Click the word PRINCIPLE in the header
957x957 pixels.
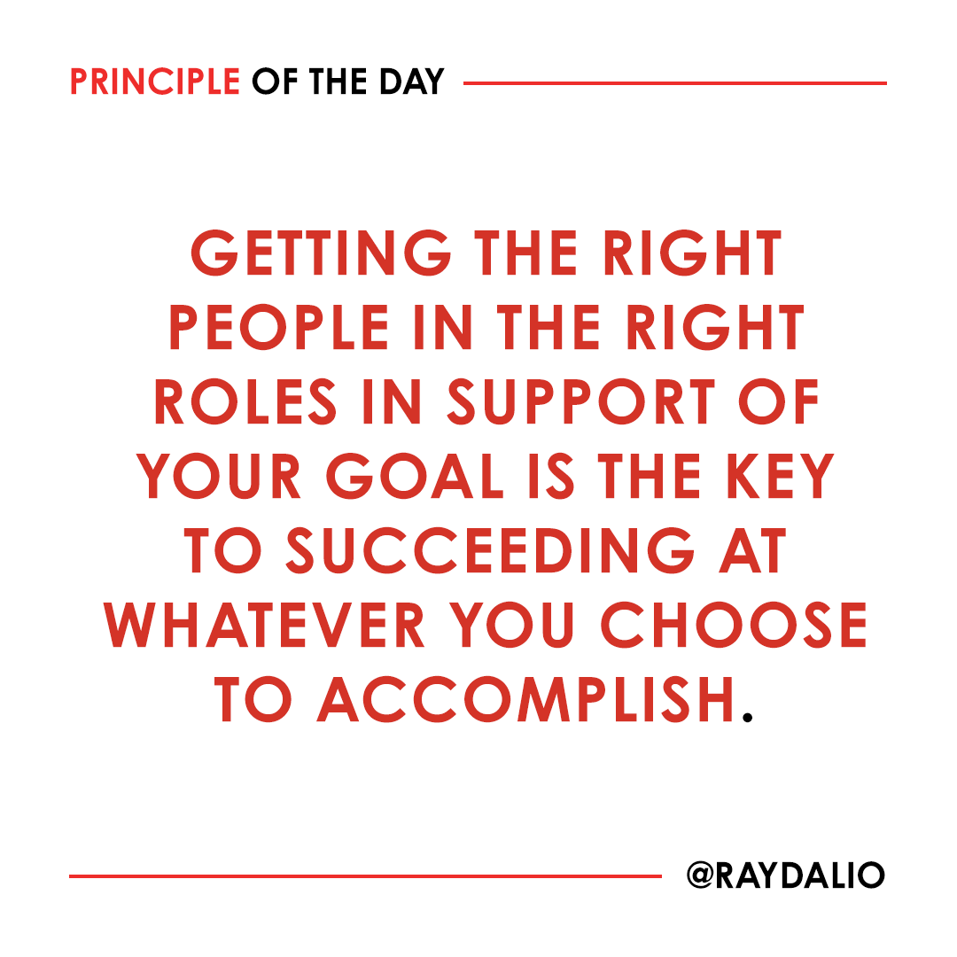155,82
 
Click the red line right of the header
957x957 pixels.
674,83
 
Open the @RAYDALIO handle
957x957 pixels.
785,875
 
